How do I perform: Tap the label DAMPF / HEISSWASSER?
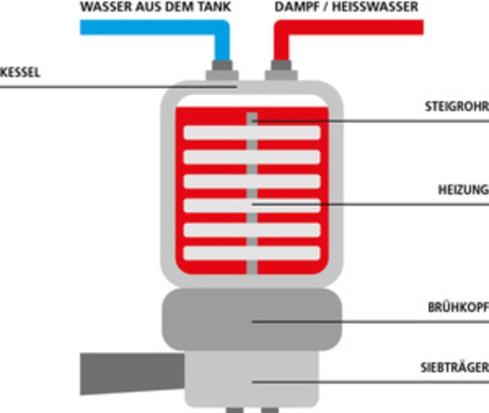(347, 8)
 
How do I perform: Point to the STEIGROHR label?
(456, 108)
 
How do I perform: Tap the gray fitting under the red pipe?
(281, 71)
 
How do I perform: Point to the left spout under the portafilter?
(234, 409)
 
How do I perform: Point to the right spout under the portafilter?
(269, 409)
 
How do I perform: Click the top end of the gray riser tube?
(252, 115)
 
